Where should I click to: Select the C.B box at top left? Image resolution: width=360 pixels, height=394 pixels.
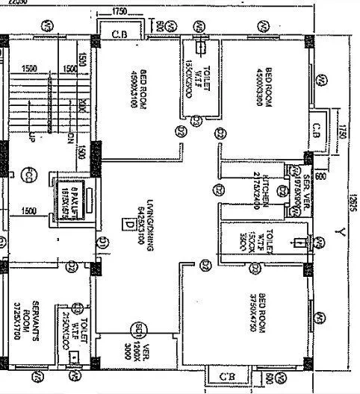click(119, 34)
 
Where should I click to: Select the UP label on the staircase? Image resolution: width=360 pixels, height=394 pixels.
click(31, 139)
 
